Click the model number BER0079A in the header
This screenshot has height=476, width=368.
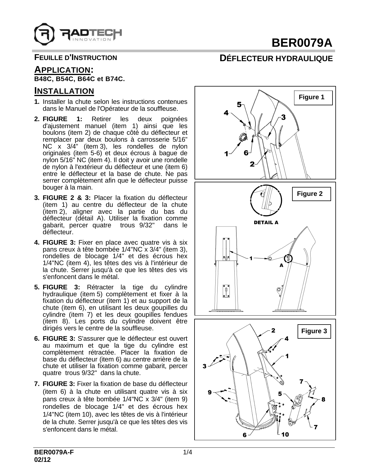(x=302, y=43)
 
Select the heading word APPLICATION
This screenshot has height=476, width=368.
(x=62, y=70)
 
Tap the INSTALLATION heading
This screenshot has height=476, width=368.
(x=64, y=91)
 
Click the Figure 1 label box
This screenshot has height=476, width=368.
(x=313, y=98)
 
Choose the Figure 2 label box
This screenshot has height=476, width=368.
(x=311, y=194)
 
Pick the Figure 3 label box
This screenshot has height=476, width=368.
(x=314, y=331)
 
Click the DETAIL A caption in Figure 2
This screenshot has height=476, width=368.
(x=266, y=222)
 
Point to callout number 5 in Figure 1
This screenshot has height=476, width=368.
(x=239, y=104)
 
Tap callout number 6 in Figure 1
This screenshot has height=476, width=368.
(x=246, y=153)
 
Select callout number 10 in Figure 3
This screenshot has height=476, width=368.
(x=285, y=434)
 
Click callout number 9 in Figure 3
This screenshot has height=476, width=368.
(x=210, y=392)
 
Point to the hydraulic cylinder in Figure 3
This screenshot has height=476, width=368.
(x=295, y=410)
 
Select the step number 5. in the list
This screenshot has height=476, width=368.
(x=37, y=287)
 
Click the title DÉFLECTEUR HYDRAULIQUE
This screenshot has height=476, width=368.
(x=276, y=59)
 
